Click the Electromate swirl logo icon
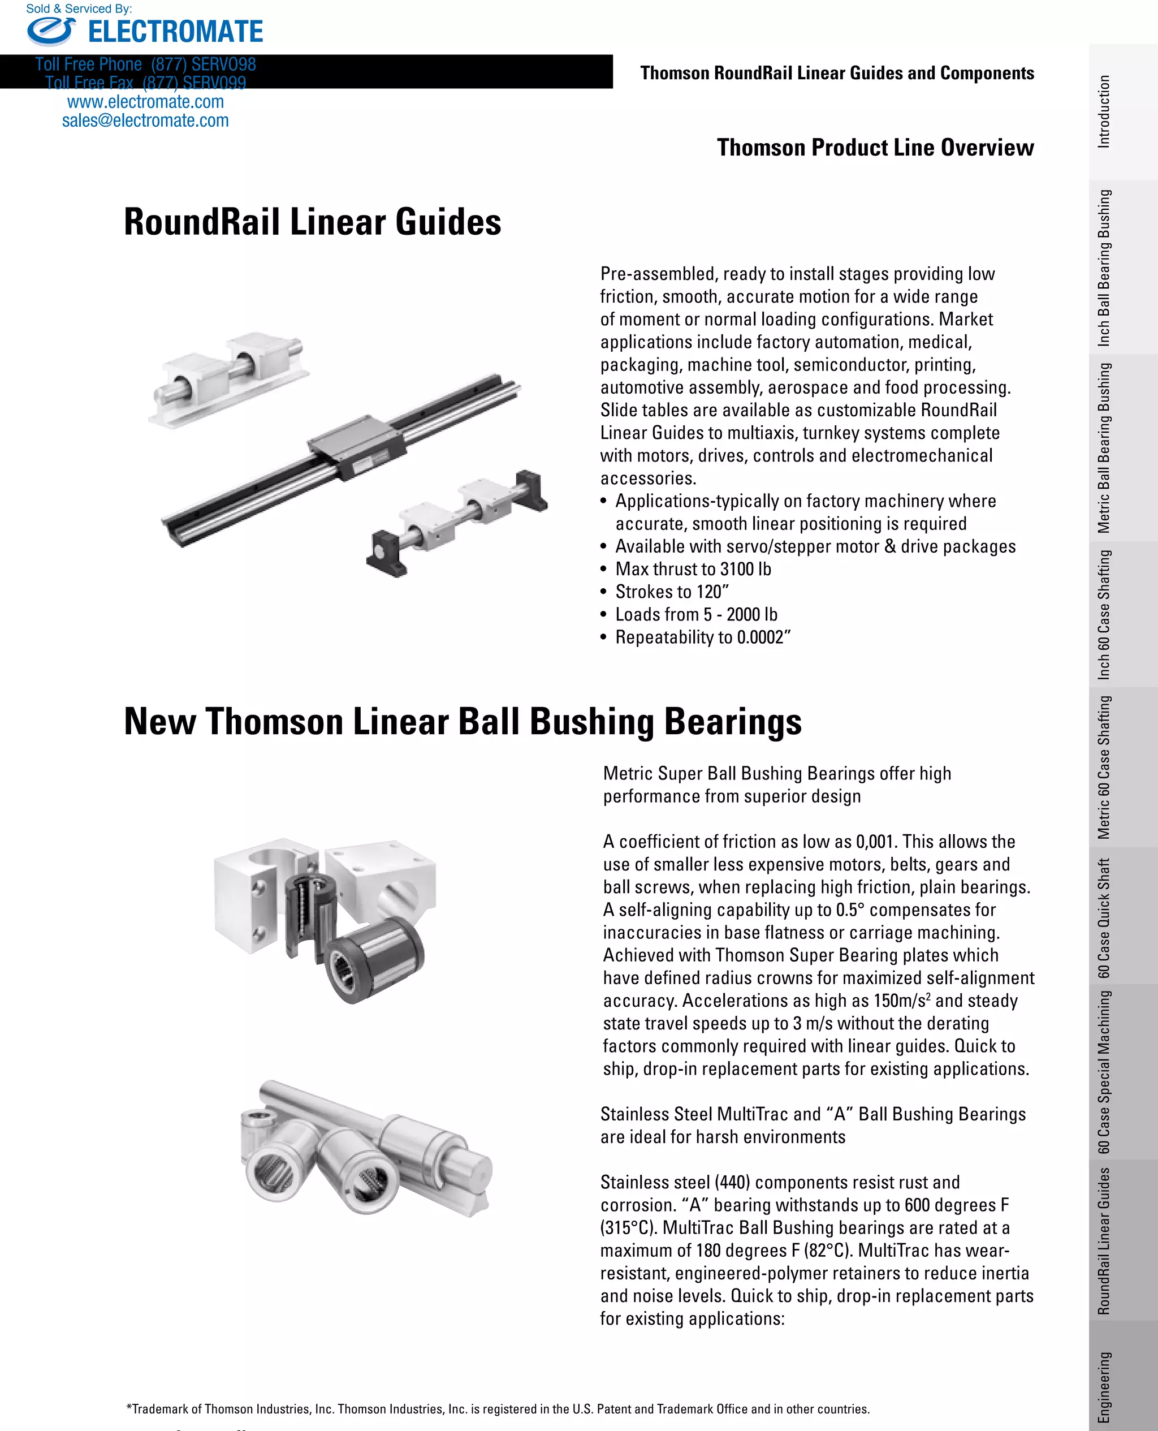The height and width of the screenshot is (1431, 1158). point(51,31)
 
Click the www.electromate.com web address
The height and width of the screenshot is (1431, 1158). point(145,102)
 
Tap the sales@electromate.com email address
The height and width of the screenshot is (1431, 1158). point(145,120)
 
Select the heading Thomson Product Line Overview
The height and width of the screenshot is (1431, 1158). point(875,148)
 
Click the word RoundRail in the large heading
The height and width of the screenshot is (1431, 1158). point(201,222)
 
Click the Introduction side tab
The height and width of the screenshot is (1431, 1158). point(1105,111)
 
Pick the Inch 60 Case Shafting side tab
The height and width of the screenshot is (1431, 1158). point(1105,614)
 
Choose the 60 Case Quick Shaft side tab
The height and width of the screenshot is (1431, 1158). point(1105,918)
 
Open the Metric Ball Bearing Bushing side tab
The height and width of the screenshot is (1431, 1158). point(1105,447)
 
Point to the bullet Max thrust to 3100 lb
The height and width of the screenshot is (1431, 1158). point(693,569)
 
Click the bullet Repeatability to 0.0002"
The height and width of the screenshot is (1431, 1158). point(702,637)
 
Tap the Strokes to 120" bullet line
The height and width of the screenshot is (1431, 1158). point(672,592)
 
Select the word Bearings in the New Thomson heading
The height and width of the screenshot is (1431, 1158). point(732,722)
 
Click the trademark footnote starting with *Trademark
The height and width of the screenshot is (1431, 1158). point(498,1409)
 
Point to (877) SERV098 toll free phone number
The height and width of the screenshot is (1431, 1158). point(203,64)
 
